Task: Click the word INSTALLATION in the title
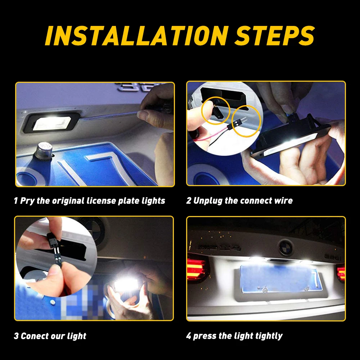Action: click(137, 36)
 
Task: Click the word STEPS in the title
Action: click(275, 36)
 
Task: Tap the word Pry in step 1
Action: click(27, 201)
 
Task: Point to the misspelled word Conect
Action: click(34, 336)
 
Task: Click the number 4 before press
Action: click(189, 336)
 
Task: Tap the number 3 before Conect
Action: click(16, 336)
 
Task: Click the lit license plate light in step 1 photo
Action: click(52, 123)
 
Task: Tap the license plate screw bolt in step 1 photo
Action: click(43, 150)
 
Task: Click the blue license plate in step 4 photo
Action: click(280, 279)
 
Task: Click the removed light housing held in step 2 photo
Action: click(291, 138)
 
